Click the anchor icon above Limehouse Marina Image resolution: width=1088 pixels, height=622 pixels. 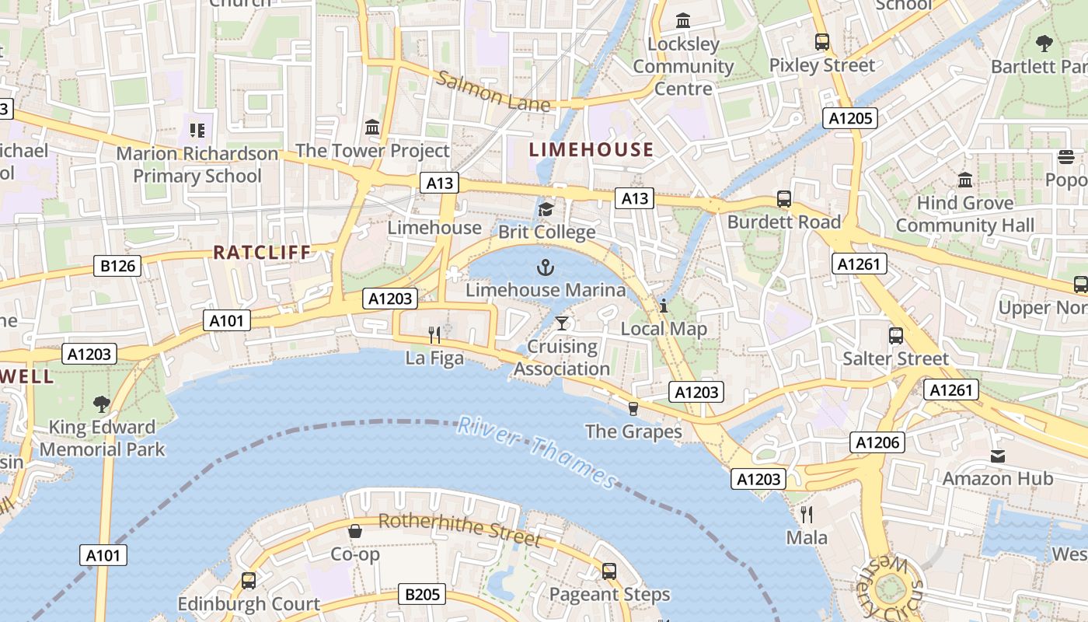tap(546, 268)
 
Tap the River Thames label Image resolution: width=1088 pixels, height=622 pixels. tap(536, 451)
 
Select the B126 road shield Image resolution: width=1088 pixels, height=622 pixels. tap(117, 266)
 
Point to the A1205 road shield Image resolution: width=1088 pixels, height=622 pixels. tap(850, 118)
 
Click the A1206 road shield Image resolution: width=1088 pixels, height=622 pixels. tap(877, 442)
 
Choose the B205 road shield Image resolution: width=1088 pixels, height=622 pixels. tap(423, 595)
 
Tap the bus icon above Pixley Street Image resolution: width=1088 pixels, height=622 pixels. tap(821, 42)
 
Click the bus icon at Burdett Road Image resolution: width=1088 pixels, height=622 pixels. tap(783, 199)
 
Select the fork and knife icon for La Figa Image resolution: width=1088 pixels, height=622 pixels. tap(434, 335)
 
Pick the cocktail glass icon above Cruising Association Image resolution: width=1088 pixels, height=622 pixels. tap(562, 323)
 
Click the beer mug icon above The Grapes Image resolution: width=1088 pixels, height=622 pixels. tap(633, 408)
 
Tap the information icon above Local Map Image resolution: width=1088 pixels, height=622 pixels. tap(663, 306)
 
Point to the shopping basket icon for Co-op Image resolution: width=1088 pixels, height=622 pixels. tap(355, 531)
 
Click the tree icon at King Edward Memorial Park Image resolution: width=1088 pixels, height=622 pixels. tap(101, 404)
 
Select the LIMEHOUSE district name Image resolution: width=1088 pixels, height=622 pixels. tap(591, 150)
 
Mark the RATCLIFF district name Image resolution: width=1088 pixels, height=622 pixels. tap(262, 252)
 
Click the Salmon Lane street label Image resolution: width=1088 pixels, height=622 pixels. tap(493, 92)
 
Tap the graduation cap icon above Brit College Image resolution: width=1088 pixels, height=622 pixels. tap(546, 209)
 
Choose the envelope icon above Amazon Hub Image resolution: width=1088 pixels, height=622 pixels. tap(997, 456)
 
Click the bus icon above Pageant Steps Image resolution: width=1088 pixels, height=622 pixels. tap(609, 571)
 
